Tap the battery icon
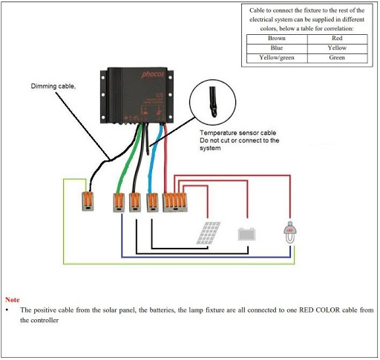tap(247, 233)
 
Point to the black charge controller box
tap(141, 95)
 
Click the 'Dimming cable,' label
tap(53, 87)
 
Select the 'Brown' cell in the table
tap(275, 37)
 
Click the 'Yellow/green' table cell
tap(275, 57)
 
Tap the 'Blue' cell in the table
tap(275, 47)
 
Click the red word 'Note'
tap(12, 299)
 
